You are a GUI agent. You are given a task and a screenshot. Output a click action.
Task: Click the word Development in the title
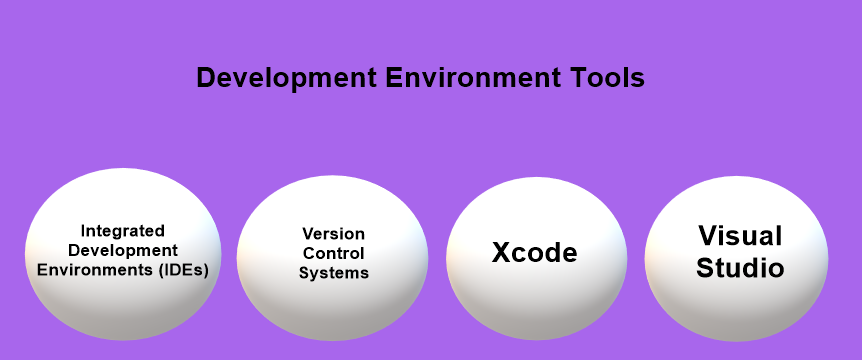(285, 79)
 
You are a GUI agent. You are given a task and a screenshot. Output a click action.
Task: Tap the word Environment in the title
(474, 79)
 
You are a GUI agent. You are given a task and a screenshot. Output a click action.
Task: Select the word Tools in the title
(610, 79)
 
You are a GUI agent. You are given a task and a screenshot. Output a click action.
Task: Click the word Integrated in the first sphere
(122, 230)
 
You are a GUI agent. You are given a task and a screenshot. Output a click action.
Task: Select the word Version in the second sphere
(333, 234)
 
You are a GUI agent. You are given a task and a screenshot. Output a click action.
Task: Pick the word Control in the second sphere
(333, 253)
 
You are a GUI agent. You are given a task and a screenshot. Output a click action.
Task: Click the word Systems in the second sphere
(333, 272)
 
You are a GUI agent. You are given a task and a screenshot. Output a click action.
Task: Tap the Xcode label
(534, 253)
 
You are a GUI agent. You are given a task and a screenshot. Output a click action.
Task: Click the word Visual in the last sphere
(740, 236)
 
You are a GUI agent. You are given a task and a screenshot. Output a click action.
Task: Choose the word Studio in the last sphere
(740, 268)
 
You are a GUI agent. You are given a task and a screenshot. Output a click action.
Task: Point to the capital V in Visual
(708, 236)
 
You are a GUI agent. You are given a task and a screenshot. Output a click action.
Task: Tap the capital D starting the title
(206, 79)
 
